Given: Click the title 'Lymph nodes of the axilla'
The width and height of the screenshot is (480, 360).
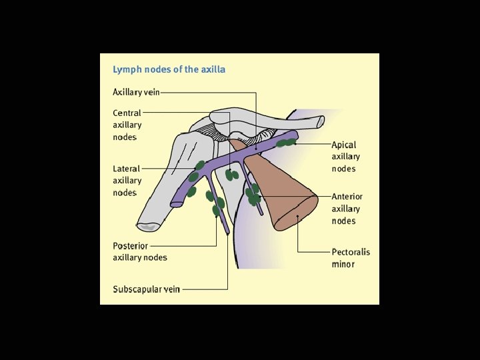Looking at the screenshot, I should tap(169, 69).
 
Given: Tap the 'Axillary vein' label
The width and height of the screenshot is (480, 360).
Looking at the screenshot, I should tap(136, 92).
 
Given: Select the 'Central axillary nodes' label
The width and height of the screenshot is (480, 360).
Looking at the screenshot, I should tap(127, 125).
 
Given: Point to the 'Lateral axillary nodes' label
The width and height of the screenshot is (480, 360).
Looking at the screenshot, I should tap(127, 181).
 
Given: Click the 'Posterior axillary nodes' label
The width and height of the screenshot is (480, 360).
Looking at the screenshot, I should tap(140, 251).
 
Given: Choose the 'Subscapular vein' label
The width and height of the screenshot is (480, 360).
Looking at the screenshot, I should tap(146, 289).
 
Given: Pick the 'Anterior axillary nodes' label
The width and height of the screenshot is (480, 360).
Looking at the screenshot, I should tap(347, 209).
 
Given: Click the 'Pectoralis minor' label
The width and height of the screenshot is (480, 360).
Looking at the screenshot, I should tap(351, 258).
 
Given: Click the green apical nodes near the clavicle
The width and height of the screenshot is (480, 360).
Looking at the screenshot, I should tap(286, 142).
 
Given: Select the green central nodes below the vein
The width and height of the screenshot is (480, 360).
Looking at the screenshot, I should tap(232, 175).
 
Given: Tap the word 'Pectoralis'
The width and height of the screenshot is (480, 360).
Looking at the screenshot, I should tap(351, 252).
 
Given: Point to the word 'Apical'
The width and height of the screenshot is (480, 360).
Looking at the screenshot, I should tap(344, 145).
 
